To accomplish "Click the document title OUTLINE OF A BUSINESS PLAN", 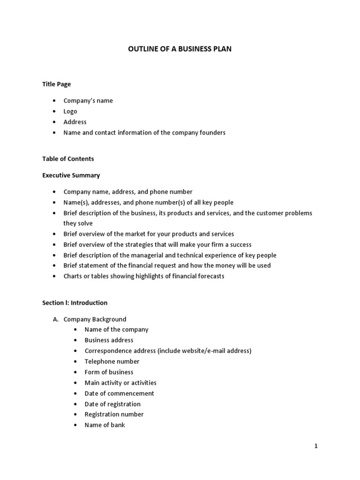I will click(180, 49).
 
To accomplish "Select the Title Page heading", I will click(57, 84).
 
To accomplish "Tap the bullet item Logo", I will click(70, 111).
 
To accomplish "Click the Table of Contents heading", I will click(68, 159).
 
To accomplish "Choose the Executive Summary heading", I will click(71, 175).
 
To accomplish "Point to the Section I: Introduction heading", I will click(75, 303).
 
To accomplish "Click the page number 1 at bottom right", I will click(316, 446).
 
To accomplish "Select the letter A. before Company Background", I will click(55, 319).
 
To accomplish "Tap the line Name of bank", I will click(105, 425).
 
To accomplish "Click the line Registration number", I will click(114, 414).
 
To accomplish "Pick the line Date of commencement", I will click(119, 393).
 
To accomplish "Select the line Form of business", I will click(109, 372).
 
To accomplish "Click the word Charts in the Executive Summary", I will click(73, 276).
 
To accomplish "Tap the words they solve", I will click(78, 223).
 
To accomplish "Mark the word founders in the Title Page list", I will click(212, 133).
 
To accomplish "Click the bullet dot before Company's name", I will click(55, 101).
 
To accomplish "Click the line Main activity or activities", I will click(120, 382).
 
